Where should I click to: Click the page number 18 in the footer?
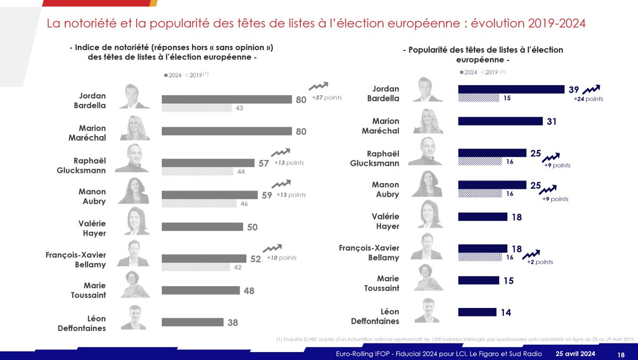click(621, 354)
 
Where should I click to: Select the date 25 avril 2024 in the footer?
click(576, 354)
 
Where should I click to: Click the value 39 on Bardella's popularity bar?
click(574, 89)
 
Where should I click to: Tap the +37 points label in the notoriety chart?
click(326, 98)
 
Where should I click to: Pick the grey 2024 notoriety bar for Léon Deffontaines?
click(192, 322)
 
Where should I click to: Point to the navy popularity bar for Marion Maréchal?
click(500, 121)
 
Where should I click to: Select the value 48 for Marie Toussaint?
click(249, 291)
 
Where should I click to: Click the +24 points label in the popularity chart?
click(588, 99)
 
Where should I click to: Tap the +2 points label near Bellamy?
click(540, 262)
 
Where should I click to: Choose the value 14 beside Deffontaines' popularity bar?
click(506, 313)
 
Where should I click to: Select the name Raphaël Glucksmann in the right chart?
click(374, 158)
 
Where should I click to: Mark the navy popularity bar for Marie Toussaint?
click(478, 280)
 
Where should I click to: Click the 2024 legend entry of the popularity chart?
click(468, 72)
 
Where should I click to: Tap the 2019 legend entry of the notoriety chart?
click(195, 76)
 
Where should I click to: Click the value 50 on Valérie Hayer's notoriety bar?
click(252, 227)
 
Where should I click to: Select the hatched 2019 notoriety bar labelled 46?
click(199, 203)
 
